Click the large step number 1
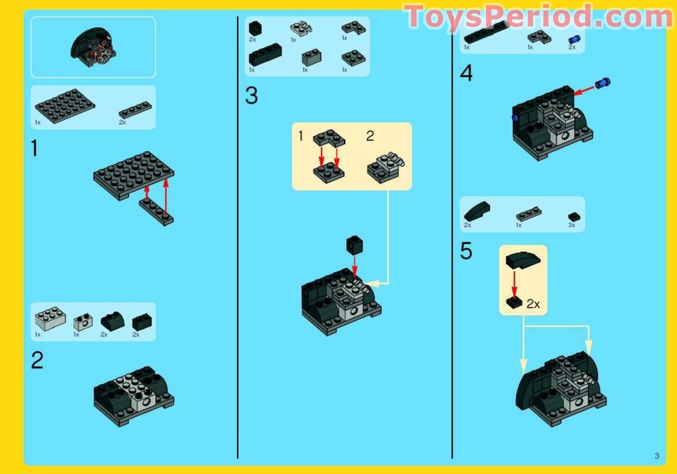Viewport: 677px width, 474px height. (x=35, y=148)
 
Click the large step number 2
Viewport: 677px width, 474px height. (x=37, y=360)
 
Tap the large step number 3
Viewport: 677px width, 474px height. (x=251, y=95)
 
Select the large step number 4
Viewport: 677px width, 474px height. (x=466, y=73)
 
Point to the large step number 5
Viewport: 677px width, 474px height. (x=466, y=251)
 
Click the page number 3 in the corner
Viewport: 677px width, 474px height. (x=657, y=456)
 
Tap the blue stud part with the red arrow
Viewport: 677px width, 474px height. (x=603, y=83)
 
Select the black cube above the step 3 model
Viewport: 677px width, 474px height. (x=355, y=244)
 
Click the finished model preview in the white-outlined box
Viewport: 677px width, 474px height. (x=93, y=47)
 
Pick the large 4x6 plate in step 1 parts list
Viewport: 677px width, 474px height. (x=65, y=106)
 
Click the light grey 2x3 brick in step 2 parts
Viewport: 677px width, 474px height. (x=50, y=318)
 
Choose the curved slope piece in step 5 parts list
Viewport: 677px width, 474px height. (x=477, y=211)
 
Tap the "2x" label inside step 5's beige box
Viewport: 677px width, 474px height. (x=533, y=304)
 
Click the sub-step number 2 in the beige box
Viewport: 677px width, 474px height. (x=370, y=136)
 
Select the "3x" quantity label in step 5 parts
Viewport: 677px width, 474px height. (x=571, y=225)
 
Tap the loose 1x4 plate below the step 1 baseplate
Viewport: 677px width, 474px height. (x=156, y=213)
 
